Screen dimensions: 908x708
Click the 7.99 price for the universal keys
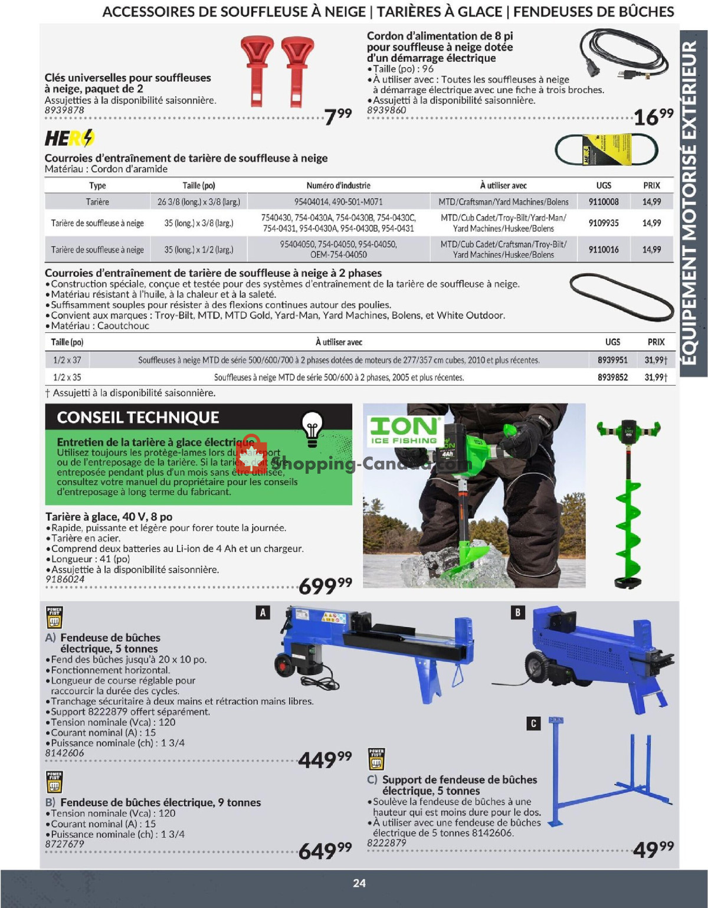[x=338, y=115]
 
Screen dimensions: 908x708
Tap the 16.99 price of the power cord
[x=653, y=116]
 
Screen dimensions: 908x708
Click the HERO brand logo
[x=70, y=138]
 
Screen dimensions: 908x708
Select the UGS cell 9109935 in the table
[x=604, y=223]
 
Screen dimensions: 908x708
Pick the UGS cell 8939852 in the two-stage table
[x=612, y=377]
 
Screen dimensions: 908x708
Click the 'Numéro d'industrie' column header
[x=338, y=185]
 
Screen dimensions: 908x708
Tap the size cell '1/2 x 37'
[x=67, y=360]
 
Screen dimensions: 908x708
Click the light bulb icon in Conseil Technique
[x=312, y=425]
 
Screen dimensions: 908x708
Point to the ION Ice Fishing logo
[x=404, y=430]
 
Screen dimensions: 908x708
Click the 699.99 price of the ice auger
[x=325, y=586]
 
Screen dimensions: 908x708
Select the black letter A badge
[x=263, y=612]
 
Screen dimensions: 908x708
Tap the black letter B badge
[x=517, y=612]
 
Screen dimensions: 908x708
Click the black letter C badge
[x=533, y=723]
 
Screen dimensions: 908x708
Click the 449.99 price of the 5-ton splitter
[x=325, y=759]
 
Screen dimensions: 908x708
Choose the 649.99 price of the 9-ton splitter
[x=325, y=851]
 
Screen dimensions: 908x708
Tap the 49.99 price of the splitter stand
[x=653, y=849]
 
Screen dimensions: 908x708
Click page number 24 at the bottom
[x=359, y=883]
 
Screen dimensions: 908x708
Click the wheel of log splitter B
[x=537, y=667]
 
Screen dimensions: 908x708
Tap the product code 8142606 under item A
[x=64, y=753]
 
